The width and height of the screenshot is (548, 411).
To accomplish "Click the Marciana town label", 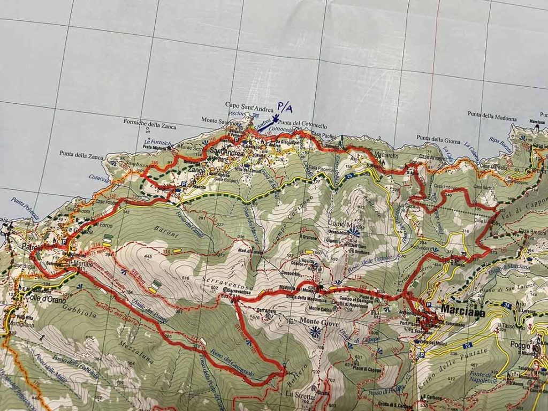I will [x=463, y=312].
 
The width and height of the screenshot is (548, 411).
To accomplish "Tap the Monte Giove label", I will [x=316, y=321].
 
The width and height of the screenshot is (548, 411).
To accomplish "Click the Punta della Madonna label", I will [x=492, y=114].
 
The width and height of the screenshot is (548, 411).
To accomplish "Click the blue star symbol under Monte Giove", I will [x=315, y=333].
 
